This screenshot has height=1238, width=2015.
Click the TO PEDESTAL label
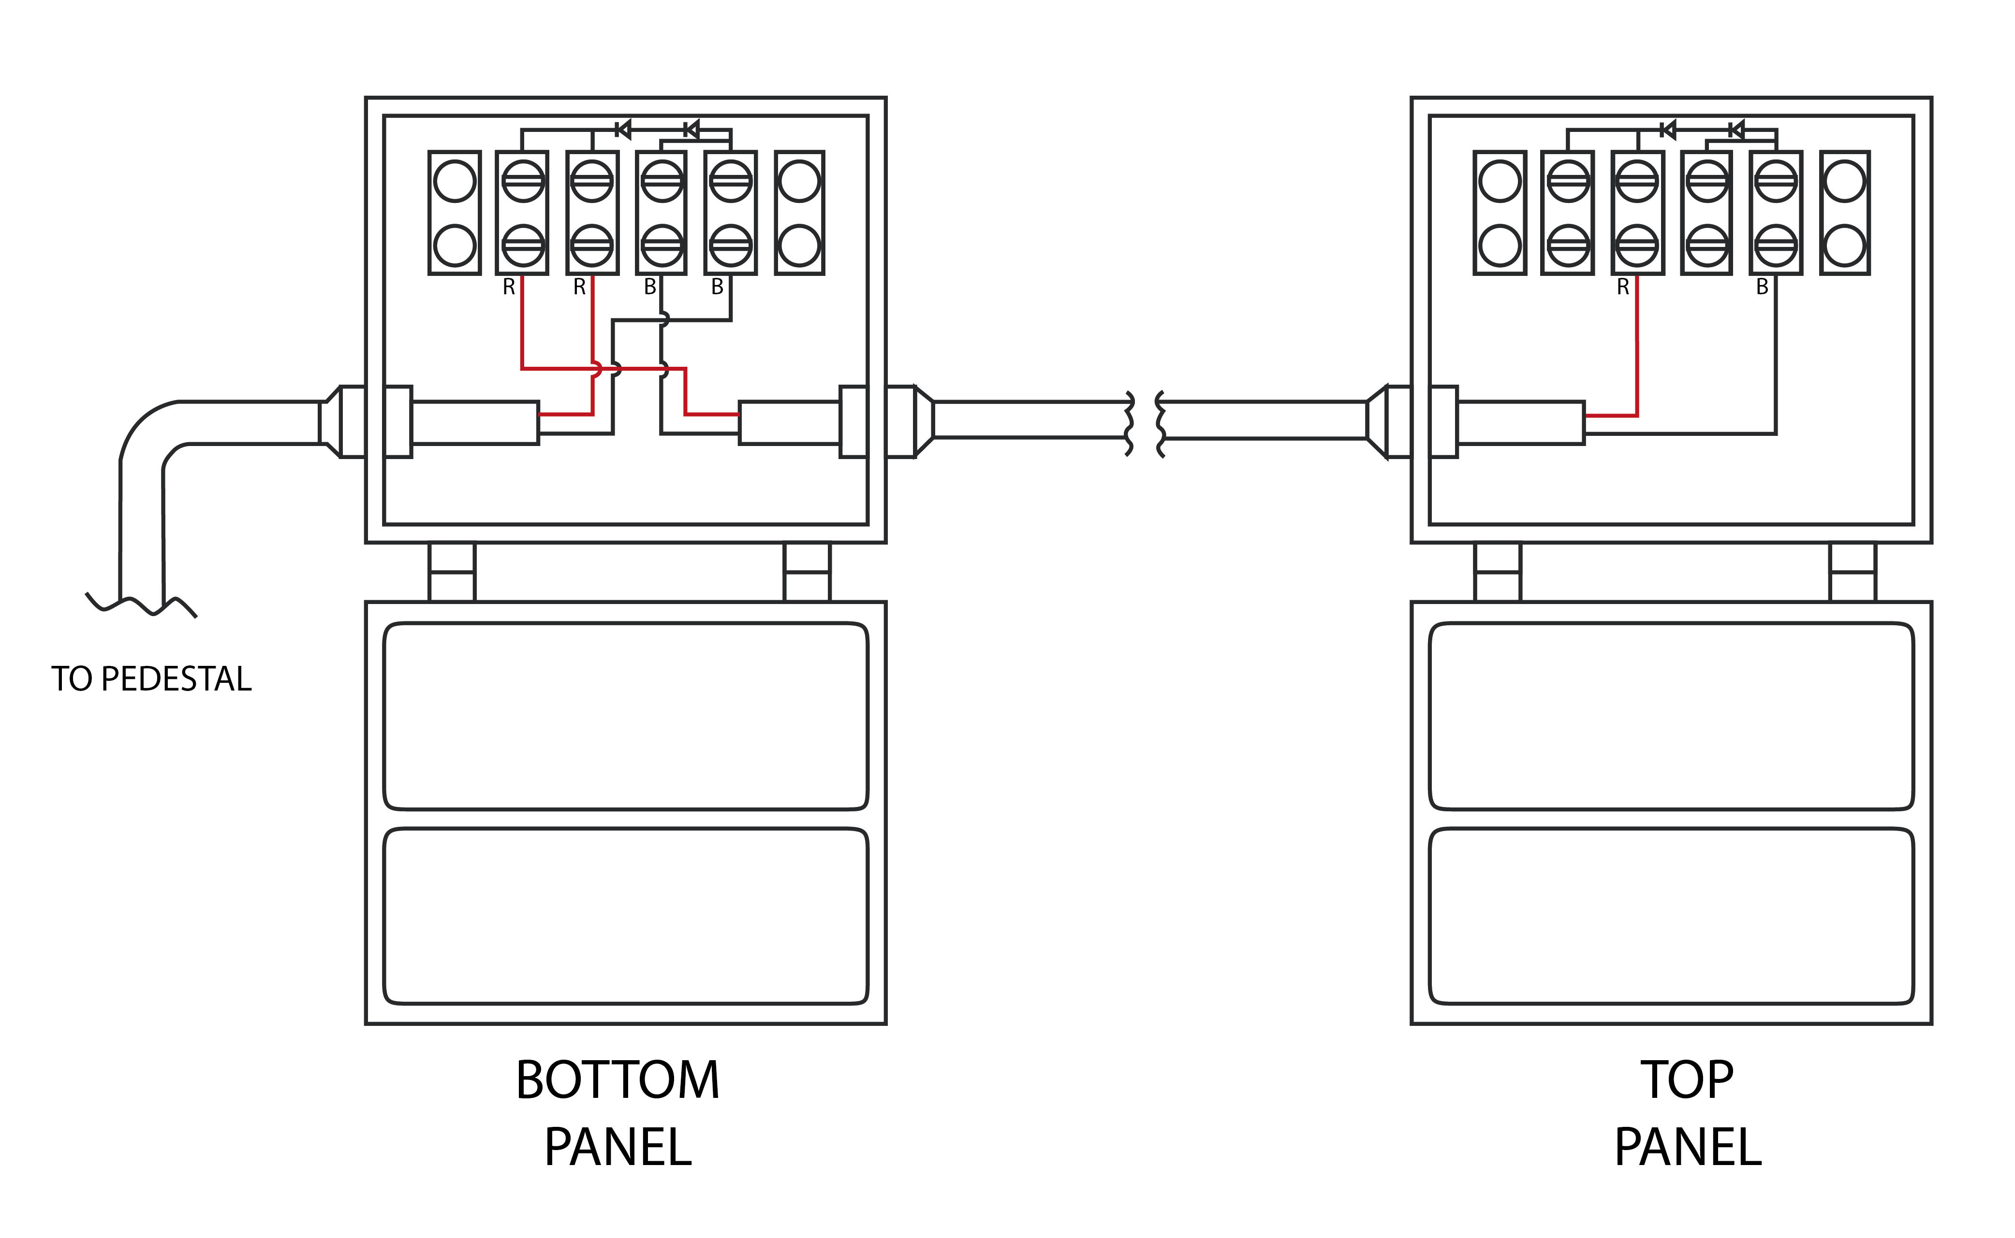(x=151, y=679)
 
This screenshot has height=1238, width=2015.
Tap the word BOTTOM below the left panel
(x=617, y=1080)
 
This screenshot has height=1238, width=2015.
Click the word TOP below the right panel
(x=1687, y=1080)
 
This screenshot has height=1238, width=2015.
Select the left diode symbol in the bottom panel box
(x=622, y=130)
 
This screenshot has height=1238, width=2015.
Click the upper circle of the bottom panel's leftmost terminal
(x=455, y=181)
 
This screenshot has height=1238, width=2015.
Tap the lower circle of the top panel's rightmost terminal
(x=1845, y=245)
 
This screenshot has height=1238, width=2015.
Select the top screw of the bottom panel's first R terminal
(x=523, y=181)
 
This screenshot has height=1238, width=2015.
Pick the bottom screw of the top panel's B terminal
(x=1776, y=245)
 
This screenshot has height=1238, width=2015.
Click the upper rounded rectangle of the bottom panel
(x=626, y=717)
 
